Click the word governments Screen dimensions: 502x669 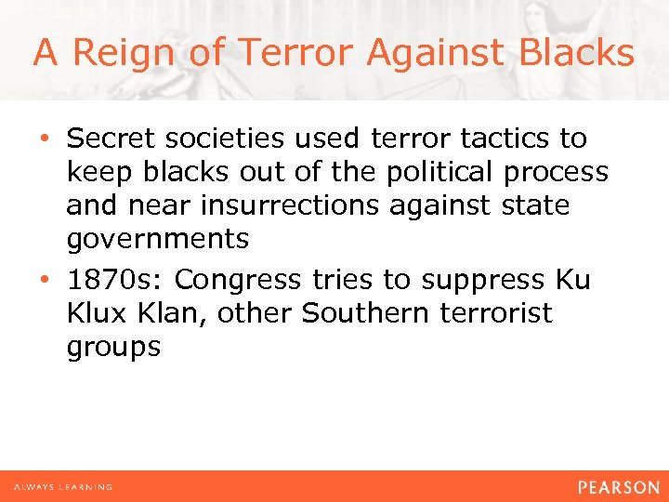pyautogui.click(x=157, y=240)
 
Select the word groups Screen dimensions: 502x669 pyautogui.click(x=113, y=348)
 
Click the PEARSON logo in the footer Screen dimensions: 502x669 pyautogui.click(x=617, y=487)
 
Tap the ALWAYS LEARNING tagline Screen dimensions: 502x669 pyautogui.click(x=62, y=487)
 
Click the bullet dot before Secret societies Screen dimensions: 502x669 pyautogui.click(x=45, y=139)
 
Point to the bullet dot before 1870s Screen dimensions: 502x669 pyautogui.click(x=45, y=280)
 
